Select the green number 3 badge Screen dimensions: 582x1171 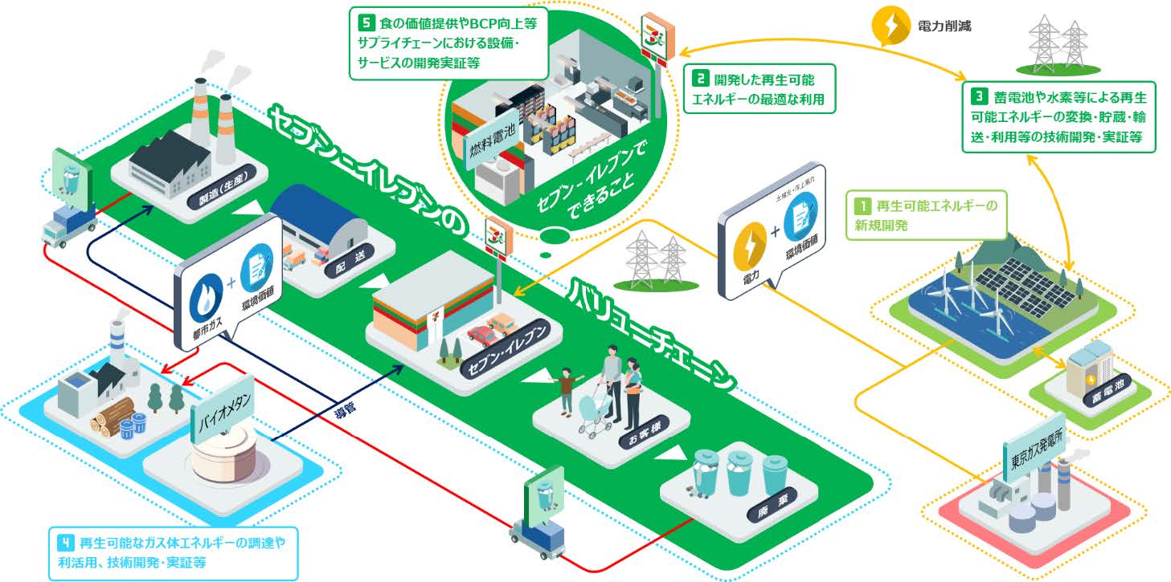pyautogui.click(x=979, y=96)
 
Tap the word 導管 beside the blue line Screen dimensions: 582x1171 pyautogui.click(x=345, y=408)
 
